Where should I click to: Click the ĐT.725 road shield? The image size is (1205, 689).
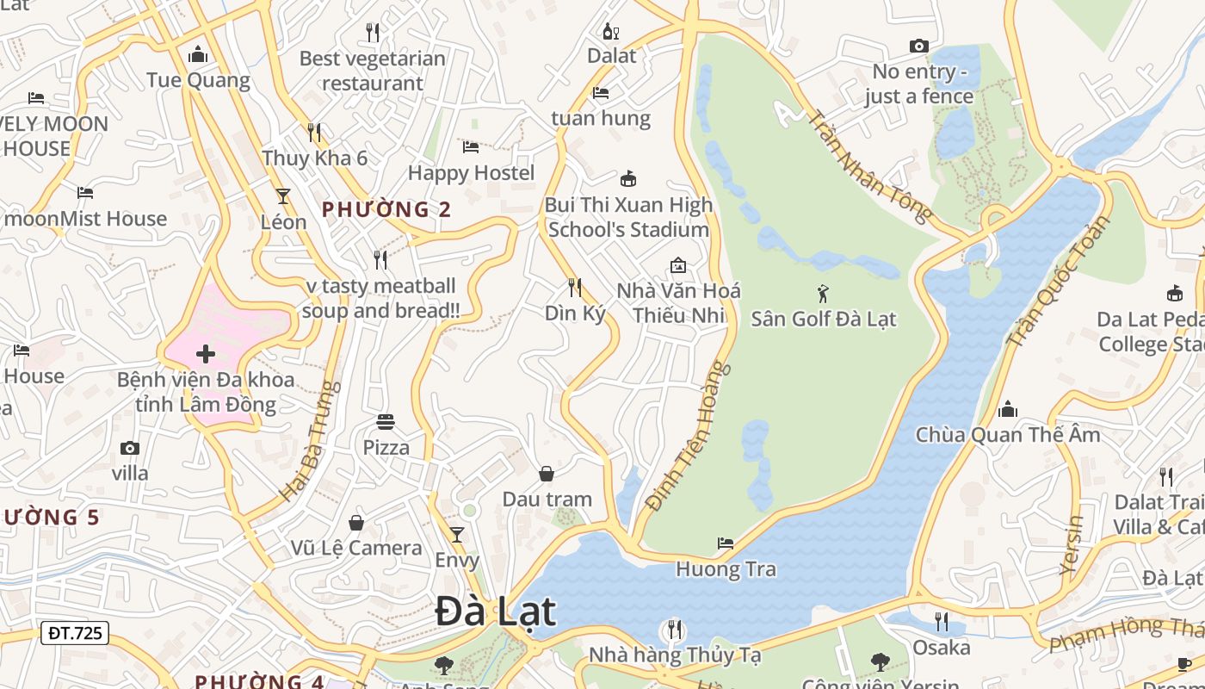point(75,633)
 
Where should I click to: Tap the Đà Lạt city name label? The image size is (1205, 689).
point(495,612)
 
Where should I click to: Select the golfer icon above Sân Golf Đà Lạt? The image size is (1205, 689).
point(823,294)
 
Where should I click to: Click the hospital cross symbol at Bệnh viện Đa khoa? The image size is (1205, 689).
point(206,354)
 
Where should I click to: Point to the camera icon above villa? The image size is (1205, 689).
point(130,448)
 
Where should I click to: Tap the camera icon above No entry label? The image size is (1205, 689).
point(919,46)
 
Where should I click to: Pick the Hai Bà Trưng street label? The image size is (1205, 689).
point(306,442)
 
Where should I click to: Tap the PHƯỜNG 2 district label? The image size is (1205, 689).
point(386,209)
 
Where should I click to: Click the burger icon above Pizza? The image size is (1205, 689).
point(386,422)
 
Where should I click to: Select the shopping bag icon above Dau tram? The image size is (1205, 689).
point(547,474)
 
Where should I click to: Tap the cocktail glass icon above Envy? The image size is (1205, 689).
point(457,535)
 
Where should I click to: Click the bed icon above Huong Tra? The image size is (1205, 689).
point(726,543)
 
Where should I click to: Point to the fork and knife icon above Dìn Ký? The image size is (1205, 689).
point(575,288)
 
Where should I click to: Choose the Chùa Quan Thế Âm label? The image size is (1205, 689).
point(1007,435)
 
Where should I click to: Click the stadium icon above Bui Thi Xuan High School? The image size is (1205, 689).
point(628,179)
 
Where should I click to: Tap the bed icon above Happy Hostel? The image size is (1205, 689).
point(471,147)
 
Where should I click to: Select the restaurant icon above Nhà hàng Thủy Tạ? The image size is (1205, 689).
point(675,630)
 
